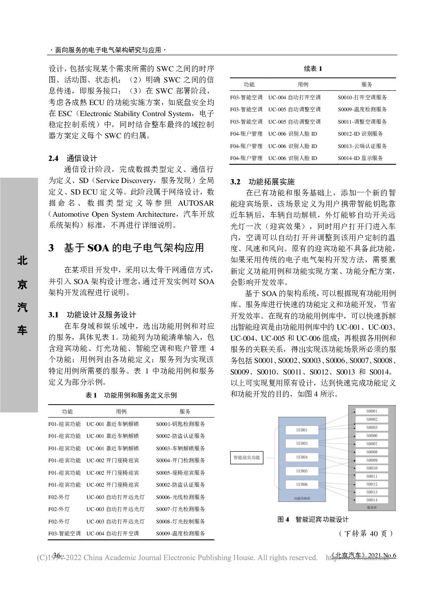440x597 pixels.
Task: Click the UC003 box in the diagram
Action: [x=302, y=443]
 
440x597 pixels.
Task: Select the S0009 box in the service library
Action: [x=372, y=460]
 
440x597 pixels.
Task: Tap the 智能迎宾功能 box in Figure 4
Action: [x=247, y=457]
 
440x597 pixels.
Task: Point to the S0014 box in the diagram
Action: [x=372, y=500]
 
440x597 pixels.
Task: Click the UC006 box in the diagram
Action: [x=302, y=484]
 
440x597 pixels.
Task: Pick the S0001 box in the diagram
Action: [x=372, y=411]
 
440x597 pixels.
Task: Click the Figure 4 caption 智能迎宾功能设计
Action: [x=313, y=519]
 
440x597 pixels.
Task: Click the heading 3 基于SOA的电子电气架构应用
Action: [x=126, y=248]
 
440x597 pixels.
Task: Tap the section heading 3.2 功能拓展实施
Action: [x=262, y=182]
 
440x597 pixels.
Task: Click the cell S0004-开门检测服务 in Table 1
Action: [x=180, y=460]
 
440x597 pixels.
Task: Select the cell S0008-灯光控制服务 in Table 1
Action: [x=180, y=522]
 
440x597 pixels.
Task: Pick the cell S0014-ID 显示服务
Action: [x=360, y=158]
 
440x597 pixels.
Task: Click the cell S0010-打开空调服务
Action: [x=362, y=98]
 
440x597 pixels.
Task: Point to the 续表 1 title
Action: [x=313, y=69]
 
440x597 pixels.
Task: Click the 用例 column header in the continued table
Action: [x=303, y=85]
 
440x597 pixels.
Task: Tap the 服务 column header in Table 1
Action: [x=185, y=412]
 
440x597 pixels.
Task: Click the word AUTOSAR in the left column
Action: [x=196, y=203]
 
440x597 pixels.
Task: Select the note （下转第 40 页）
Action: [x=365, y=534]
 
